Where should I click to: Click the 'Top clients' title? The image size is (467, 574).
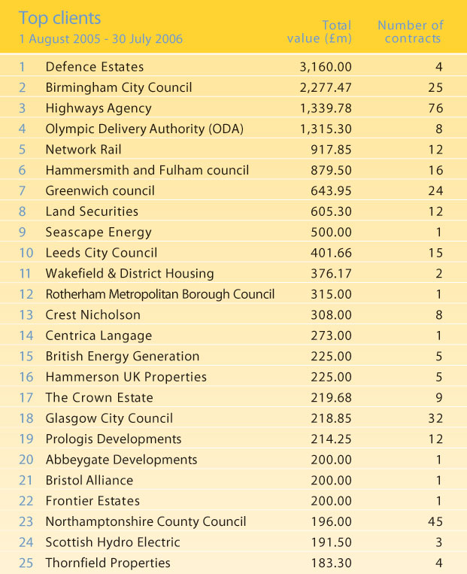[60, 17]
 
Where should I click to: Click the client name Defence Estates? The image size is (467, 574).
[94, 67]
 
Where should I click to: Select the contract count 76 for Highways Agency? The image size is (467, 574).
[434, 108]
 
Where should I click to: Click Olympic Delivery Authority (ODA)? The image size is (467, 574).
[144, 129]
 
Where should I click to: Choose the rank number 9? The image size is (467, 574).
[22, 232]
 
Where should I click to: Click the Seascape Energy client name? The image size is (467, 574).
[99, 232]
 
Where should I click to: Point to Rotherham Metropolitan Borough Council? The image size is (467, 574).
[159, 294]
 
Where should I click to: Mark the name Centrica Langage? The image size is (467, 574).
[98, 336]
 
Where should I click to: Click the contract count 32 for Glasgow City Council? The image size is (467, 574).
[434, 418]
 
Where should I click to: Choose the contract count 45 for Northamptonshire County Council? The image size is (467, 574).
[434, 521]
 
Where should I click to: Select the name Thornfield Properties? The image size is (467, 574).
[108, 563]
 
